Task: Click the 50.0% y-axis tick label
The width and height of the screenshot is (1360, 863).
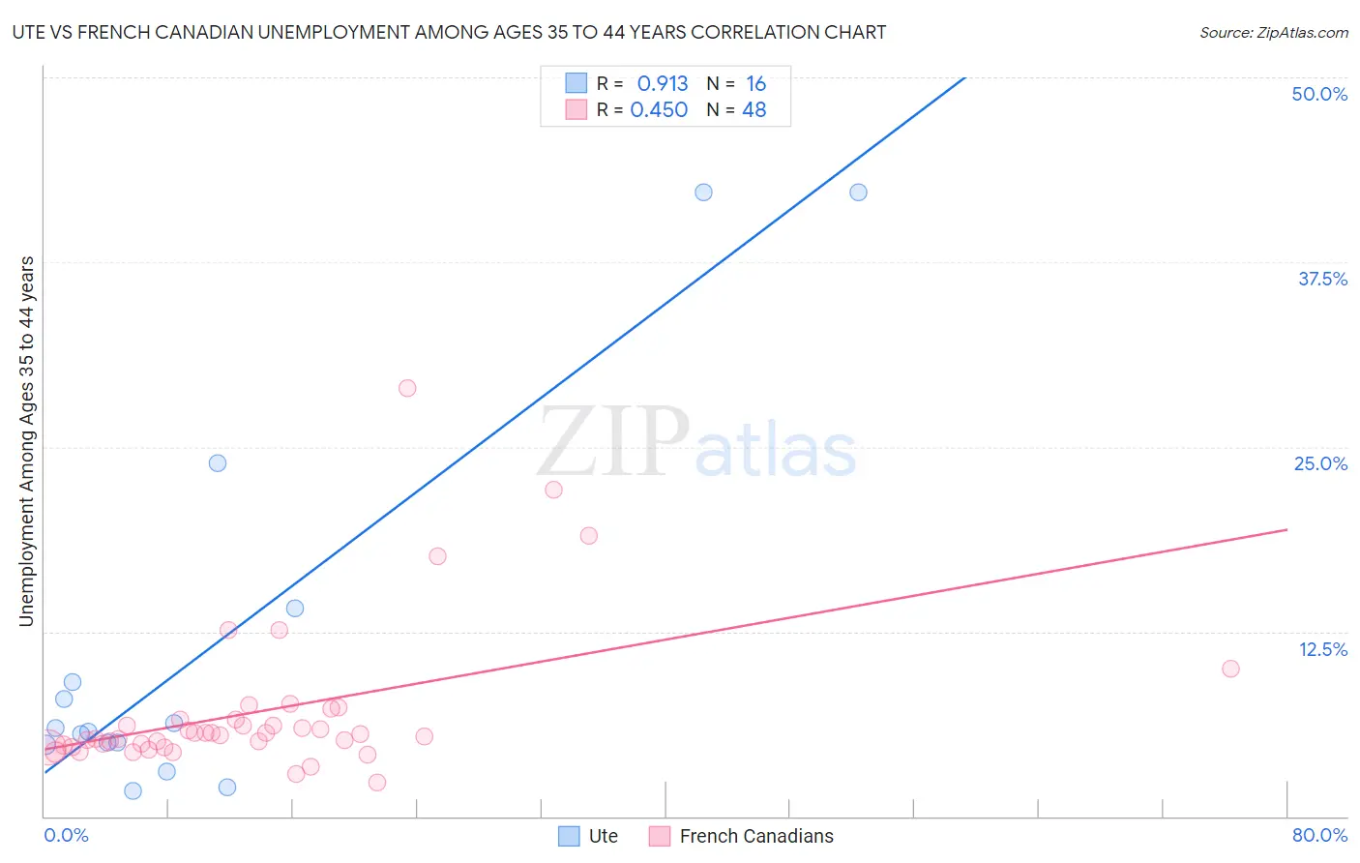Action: (x=1319, y=94)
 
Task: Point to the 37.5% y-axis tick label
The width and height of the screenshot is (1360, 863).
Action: (x=1322, y=279)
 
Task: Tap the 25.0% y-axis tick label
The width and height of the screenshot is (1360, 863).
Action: (x=1320, y=463)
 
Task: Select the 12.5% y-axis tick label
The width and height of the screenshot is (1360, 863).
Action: (x=1322, y=649)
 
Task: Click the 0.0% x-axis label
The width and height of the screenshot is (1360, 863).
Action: (x=66, y=835)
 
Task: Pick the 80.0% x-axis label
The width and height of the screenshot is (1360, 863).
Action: (x=1319, y=835)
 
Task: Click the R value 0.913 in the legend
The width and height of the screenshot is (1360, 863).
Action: (x=663, y=84)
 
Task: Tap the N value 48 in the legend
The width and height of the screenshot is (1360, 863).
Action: (x=754, y=110)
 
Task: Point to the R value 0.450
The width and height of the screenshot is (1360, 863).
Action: (x=659, y=110)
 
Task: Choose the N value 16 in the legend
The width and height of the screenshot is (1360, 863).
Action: (x=755, y=84)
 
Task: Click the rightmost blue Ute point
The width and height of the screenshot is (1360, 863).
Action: (x=858, y=193)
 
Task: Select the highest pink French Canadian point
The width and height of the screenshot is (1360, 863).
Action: (x=407, y=388)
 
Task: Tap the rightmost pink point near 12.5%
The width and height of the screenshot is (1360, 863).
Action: (x=1230, y=669)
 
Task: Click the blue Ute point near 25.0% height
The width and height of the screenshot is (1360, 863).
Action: (x=218, y=463)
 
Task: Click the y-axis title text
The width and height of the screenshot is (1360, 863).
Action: (x=27, y=441)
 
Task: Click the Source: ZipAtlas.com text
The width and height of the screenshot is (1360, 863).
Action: (x=1273, y=33)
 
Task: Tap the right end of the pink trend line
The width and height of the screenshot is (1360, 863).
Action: (x=1286, y=529)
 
